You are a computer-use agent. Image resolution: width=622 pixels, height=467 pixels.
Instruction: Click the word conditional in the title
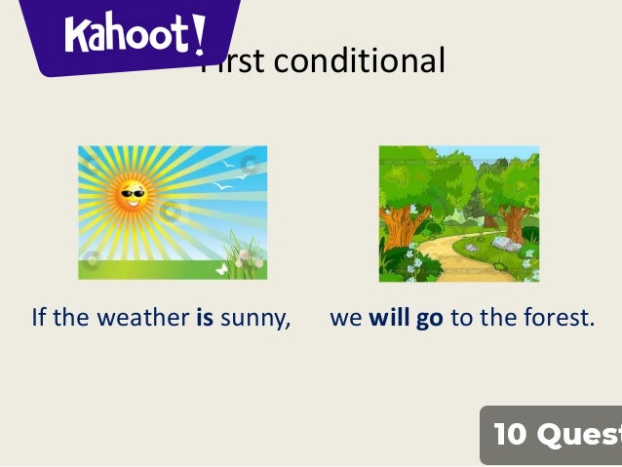pyautogui.click(x=359, y=61)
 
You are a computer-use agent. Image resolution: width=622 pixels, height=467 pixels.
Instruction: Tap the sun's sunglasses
pyautogui.click(x=132, y=193)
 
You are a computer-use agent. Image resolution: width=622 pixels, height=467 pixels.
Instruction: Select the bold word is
pyautogui.click(x=205, y=318)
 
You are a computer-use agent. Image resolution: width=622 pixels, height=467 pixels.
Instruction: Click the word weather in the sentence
pyautogui.click(x=142, y=318)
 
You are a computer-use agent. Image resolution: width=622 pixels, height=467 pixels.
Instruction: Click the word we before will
pyautogui.click(x=346, y=319)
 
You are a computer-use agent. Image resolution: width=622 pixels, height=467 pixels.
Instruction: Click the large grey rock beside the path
pyautogui.click(x=506, y=243)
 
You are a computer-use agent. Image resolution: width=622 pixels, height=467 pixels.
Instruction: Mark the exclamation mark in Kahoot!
pyautogui.click(x=199, y=33)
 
